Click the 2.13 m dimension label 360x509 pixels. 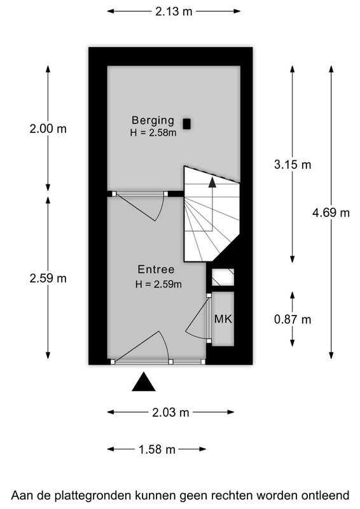[x=174, y=11]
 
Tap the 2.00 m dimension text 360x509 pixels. [x=48, y=129]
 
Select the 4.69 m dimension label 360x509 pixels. [x=331, y=213]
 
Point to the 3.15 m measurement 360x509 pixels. [x=293, y=165]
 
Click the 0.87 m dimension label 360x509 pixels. [x=293, y=319]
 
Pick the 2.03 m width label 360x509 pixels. [x=170, y=412]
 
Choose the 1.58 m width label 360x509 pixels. [x=157, y=449]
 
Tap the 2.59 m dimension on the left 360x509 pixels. [x=48, y=278]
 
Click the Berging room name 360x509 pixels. [x=153, y=120]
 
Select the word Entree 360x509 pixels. [x=156, y=269]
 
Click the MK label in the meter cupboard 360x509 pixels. [x=223, y=319]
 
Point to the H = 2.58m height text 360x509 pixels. [x=153, y=133]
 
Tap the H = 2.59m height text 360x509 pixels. [x=158, y=284]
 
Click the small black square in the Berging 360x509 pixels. [x=186, y=124]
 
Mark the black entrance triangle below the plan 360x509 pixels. [x=144, y=382]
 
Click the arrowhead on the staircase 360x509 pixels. [x=212, y=182]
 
